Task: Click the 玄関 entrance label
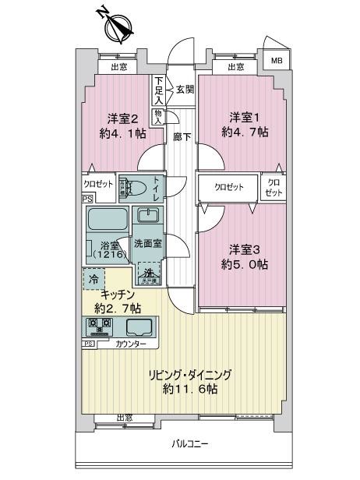185,88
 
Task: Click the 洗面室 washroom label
147,243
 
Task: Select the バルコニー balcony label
190,444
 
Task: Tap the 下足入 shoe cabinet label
159,90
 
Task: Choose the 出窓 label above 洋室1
236,67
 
